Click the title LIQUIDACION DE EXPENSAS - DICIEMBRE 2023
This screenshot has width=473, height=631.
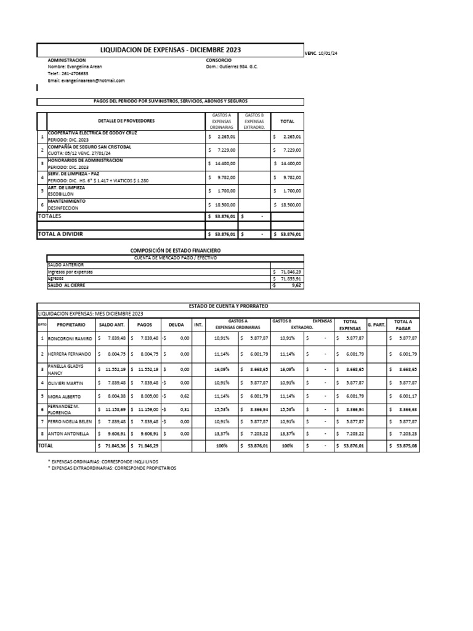click(x=171, y=49)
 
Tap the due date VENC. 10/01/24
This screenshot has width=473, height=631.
click(x=321, y=54)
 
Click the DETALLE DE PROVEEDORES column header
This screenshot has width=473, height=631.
click(x=126, y=121)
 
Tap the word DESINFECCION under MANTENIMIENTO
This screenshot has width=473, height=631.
click(x=65, y=208)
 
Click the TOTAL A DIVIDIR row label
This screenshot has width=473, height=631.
click(x=60, y=234)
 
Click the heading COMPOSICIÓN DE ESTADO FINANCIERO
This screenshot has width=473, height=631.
click(x=175, y=251)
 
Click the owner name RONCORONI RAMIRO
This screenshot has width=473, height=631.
click(x=71, y=339)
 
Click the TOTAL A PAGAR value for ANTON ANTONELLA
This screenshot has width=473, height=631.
click(x=404, y=433)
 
